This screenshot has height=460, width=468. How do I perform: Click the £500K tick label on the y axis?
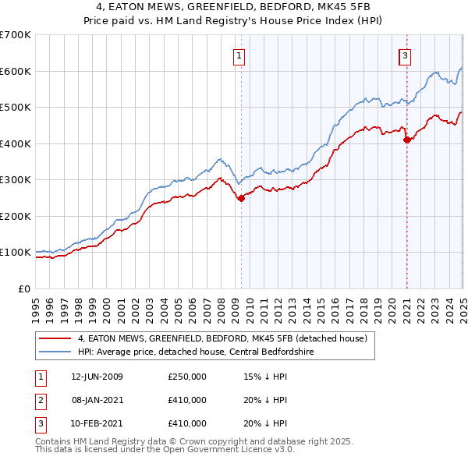16,107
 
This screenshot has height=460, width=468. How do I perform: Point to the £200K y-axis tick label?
16,216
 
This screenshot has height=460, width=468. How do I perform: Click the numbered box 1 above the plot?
238,55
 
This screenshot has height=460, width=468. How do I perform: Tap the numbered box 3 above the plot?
406,55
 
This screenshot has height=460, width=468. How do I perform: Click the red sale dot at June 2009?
241,198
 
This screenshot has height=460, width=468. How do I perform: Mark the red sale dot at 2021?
406,140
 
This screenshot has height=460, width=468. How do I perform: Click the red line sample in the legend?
55,338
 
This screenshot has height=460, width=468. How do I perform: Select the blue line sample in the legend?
55,352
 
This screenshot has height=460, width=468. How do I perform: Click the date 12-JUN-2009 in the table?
97,377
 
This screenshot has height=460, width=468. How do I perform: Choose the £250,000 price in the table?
187,377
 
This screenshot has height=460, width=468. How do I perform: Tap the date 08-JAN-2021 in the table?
97,400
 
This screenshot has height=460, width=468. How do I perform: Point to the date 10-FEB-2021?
97,423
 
